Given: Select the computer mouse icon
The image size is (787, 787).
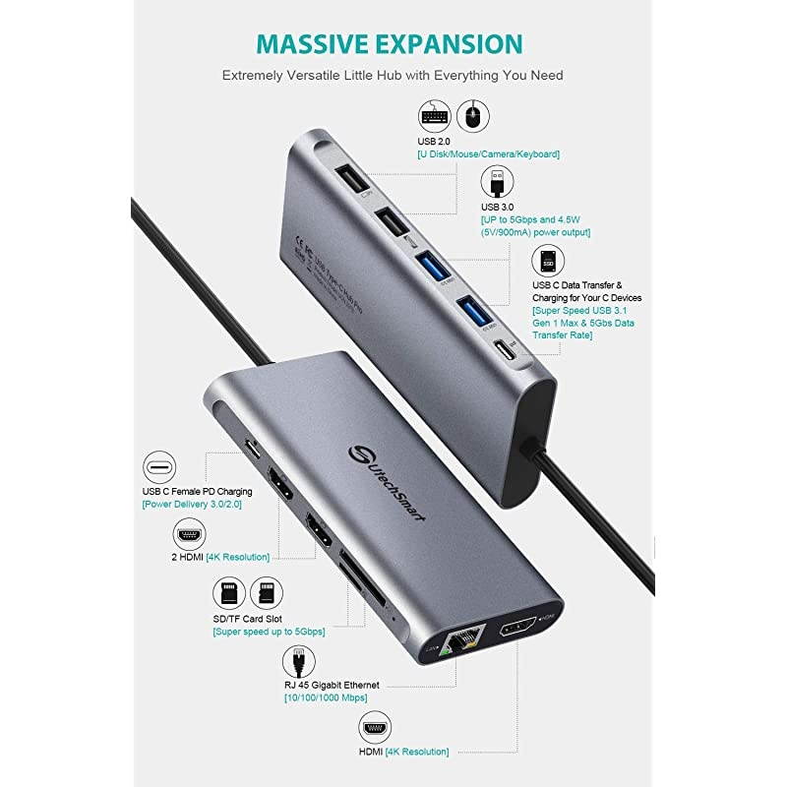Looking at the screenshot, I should (x=473, y=116).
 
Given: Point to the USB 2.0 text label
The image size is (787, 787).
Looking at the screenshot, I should (x=434, y=142).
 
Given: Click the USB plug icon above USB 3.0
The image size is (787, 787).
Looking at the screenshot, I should (x=495, y=183).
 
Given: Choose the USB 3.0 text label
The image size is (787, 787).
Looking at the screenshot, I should (x=497, y=208).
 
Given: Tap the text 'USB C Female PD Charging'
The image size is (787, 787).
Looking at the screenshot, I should (x=198, y=491).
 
